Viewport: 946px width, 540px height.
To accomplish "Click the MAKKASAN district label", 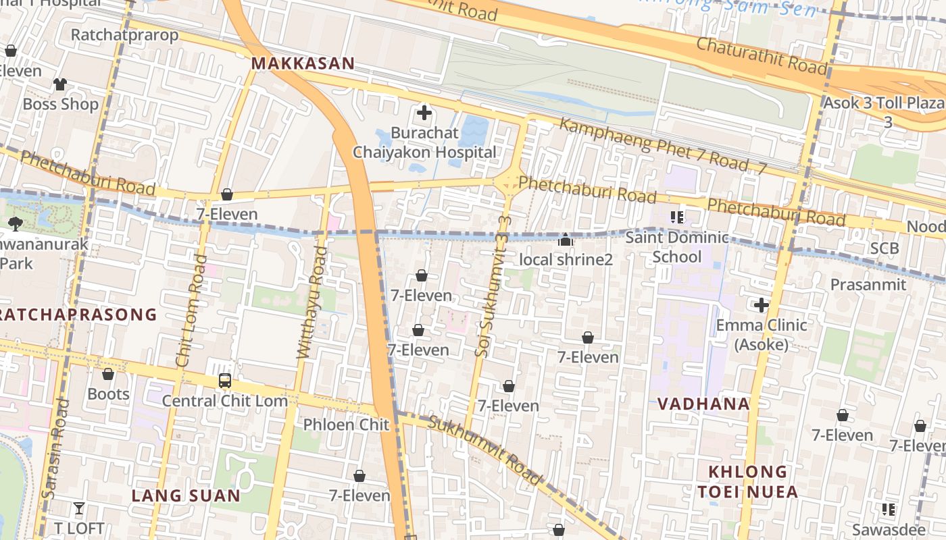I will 303,63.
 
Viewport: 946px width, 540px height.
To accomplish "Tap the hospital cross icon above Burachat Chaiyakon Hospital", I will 424,113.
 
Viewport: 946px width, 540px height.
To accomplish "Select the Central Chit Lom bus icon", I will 225,381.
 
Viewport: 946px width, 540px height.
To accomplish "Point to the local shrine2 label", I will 566,259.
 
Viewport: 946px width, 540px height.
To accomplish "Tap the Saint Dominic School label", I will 677,247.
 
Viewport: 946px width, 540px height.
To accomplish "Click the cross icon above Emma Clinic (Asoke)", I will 762,305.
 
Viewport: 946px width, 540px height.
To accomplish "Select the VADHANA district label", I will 703,404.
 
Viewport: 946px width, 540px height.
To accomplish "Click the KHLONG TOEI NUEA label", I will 747,481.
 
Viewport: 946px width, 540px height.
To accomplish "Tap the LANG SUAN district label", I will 186,495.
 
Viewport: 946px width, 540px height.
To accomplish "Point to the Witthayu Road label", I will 312,302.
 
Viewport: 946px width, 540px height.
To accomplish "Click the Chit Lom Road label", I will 191,310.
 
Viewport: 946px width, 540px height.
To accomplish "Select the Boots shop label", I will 108,394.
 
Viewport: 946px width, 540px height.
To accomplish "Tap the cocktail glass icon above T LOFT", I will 79,508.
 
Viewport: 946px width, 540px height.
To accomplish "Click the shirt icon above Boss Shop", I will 60,84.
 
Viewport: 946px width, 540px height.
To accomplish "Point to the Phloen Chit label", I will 346,425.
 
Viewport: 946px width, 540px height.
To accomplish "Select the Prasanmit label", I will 868,284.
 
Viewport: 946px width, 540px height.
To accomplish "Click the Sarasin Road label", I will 55,449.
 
